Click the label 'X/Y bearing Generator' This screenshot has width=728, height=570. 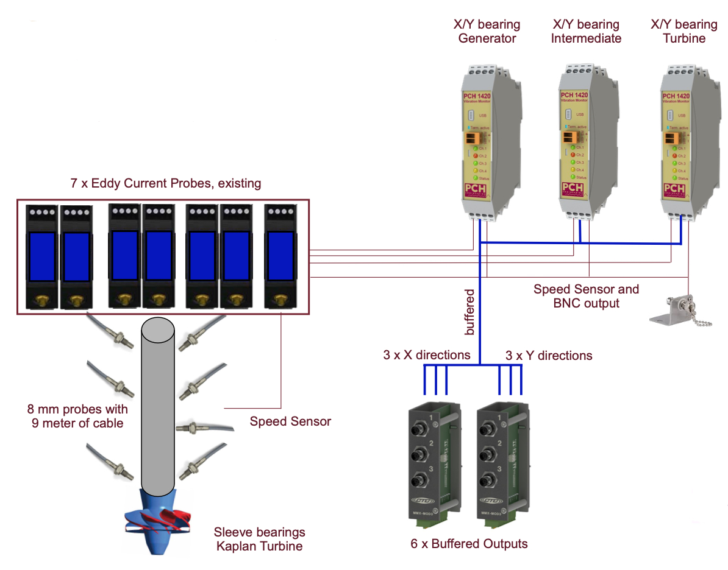(x=487, y=32)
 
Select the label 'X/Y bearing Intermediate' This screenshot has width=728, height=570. (x=585, y=32)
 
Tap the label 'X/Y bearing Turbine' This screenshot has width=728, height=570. (x=683, y=32)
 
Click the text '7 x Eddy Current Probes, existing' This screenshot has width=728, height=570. (x=166, y=183)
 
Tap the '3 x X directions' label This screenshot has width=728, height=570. (x=426, y=355)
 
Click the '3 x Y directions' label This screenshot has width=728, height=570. (x=548, y=355)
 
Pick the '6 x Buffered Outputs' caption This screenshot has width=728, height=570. (x=469, y=544)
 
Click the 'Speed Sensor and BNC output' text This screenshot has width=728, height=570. (x=586, y=296)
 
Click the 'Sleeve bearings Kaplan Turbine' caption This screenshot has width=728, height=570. (x=259, y=539)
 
